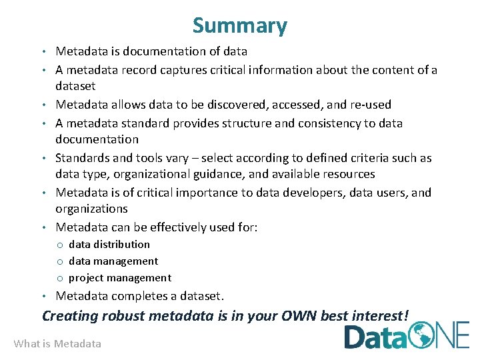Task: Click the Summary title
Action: (240, 25)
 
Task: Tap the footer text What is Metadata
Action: (57, 343)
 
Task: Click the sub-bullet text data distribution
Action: (109, 245)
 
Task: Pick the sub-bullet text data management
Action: (113, 261)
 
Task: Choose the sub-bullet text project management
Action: (120, 278)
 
